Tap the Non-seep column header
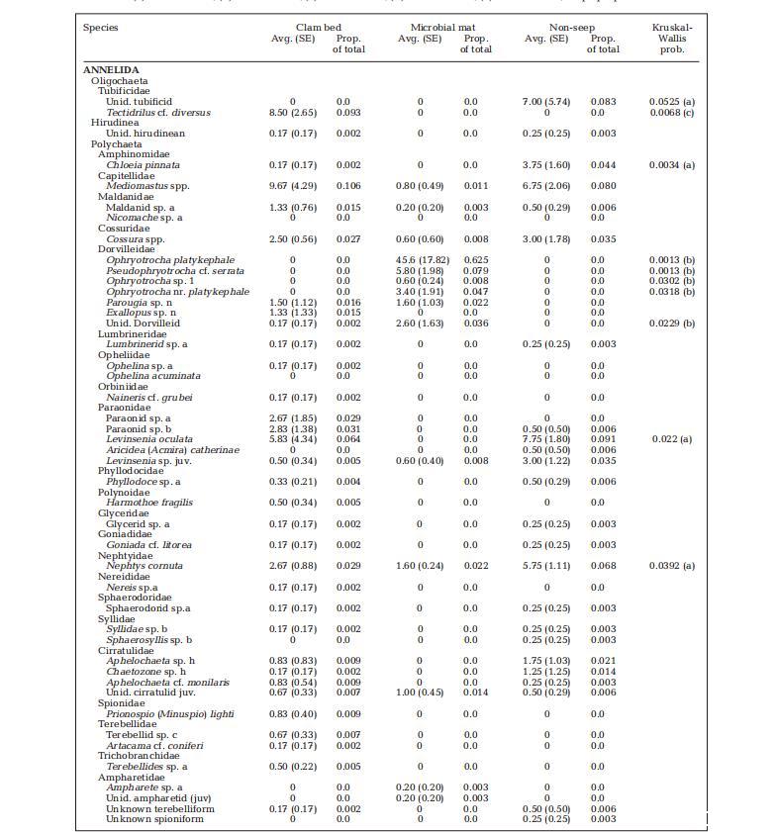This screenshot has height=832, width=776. [x=569, y=28]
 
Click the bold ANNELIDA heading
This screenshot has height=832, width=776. [x=111, y=70]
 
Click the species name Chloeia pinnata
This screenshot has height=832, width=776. [x=143, y=165]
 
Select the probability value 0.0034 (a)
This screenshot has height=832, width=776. [x=672, y=165]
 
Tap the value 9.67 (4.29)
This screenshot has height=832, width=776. [x=292, y=186]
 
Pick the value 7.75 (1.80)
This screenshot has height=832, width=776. [x=545, y=439]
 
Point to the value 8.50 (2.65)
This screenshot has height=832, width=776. [x=292, y=113]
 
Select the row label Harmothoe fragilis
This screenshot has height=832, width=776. [x=149, y=503]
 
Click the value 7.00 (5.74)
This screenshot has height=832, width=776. [x=545, y=102]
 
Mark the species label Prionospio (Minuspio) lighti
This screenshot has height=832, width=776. [x=170, y=713]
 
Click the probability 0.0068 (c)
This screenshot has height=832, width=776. [x=672, y=113]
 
